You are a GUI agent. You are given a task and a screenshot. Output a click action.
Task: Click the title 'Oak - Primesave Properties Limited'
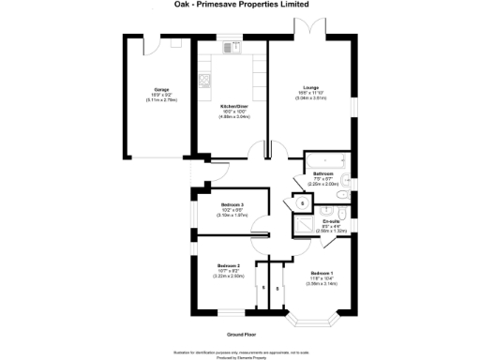[239, 4]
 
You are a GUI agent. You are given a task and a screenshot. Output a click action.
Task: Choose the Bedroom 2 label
[229, 265]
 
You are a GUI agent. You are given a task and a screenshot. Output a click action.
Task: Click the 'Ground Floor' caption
[242, 334]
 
